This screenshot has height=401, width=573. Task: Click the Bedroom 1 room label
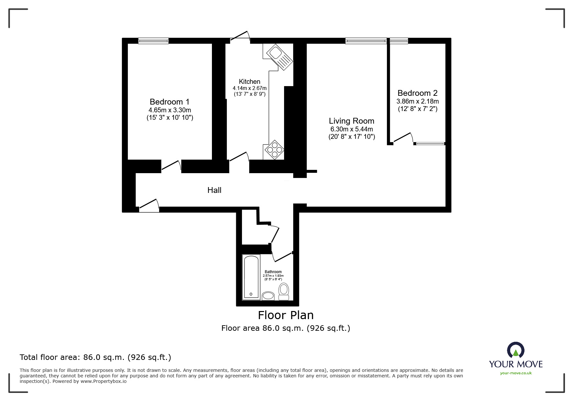(169, 102)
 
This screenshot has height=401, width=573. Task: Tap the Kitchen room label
(249, 82)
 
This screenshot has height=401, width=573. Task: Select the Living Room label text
(351, 121)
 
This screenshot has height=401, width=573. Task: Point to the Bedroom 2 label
(417, 93)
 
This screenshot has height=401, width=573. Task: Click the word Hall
(214, 190)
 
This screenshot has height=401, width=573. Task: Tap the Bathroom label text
(273, 272)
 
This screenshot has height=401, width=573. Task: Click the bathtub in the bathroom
(251, 277)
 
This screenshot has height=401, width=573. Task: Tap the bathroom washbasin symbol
(268, 295)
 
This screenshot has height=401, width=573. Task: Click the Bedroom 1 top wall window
(153, 41)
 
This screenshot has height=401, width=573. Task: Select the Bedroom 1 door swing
(171, 165)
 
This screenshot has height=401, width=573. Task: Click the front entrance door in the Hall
(149, 206)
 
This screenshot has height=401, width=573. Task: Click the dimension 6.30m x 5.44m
(351, 129)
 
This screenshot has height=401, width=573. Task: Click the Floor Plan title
(285, 315)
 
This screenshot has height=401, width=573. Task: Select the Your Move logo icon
(515, 351)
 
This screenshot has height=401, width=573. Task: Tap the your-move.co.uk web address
(516, 373)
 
